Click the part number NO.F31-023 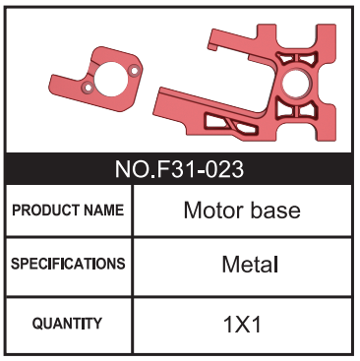pyautogui.click(x=180, y=168)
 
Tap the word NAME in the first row pyautogui.click(x=102, y=211)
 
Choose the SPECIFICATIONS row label pyautogui.click(x=68, y=264)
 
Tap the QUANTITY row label pyautogui.click(x=67, y=322)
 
